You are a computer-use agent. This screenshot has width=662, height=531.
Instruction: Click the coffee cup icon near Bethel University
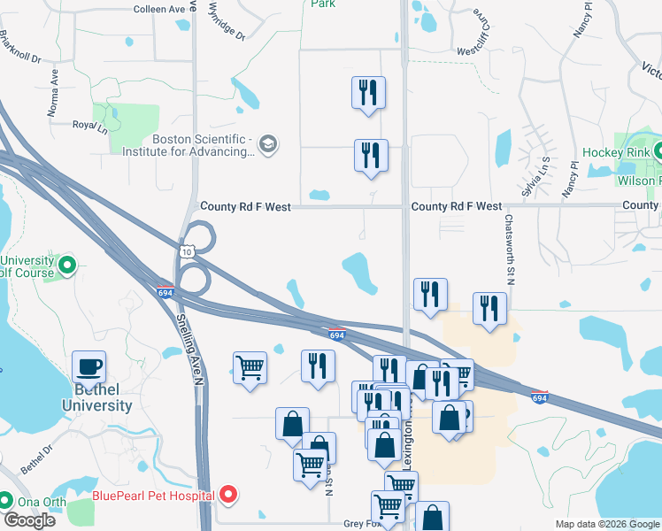pos(89,366)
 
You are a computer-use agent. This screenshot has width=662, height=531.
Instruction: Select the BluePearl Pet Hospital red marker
pos(228,494)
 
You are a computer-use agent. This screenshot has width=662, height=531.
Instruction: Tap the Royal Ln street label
pos(89,127)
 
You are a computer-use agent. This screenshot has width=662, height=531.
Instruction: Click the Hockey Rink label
pos(618,153)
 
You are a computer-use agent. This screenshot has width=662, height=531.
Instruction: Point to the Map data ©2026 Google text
pos(607,524)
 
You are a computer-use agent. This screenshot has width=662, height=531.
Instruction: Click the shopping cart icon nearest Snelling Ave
pos(250,366)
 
